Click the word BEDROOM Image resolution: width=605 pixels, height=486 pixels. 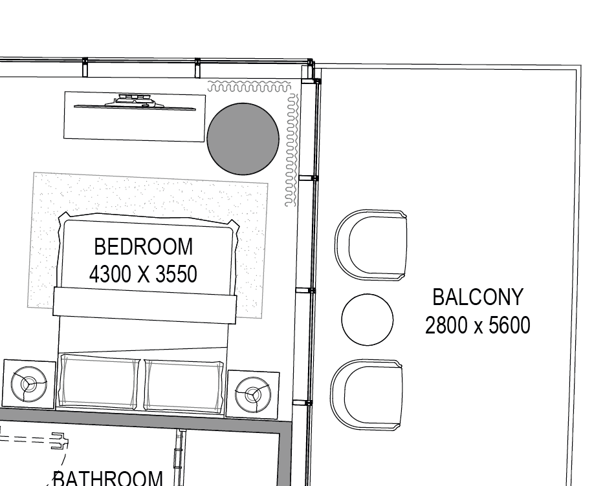144,247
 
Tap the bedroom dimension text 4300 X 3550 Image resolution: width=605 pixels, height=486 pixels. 143,274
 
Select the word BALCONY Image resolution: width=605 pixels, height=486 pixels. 478,297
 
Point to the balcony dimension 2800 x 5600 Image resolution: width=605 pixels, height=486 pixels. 478,325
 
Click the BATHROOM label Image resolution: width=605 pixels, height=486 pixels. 107,478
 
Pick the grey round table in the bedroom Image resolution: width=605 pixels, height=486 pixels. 243,139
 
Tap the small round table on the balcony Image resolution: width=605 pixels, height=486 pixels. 368,319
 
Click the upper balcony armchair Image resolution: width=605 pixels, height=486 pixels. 371,246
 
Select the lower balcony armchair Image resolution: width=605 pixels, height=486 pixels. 366,395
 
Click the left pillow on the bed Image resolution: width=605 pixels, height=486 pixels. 100,382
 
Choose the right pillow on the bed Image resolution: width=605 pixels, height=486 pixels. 184,386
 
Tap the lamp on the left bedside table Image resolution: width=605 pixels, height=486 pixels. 29,384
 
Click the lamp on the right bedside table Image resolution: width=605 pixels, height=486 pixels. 253,395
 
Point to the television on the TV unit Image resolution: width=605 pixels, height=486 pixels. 135,103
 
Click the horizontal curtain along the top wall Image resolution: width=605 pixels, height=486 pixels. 249,87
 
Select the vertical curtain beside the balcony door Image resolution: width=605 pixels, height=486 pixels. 292,149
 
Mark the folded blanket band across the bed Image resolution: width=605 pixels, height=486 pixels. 144,305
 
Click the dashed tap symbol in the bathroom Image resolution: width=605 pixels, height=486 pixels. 35,439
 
